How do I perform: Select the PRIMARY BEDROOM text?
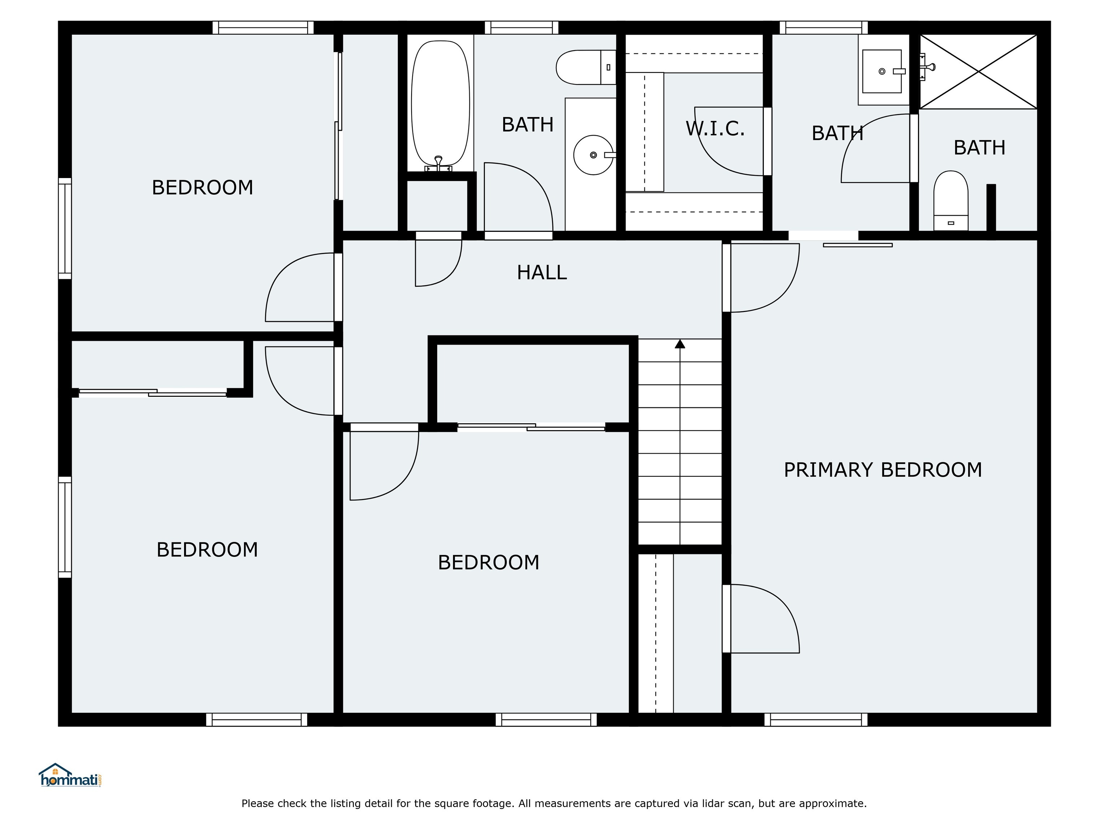[x=882, y=470]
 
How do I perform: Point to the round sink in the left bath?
[x=593, y=155]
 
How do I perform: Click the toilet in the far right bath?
[x=950, y=201]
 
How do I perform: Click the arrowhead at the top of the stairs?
[x=680, y=344]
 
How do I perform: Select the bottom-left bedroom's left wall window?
[x=65, y=527]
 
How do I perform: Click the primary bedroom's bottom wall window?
[x=816, y=720]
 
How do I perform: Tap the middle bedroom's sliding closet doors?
[x=531, y=427]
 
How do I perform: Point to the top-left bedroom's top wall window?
[x=263, y=27]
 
